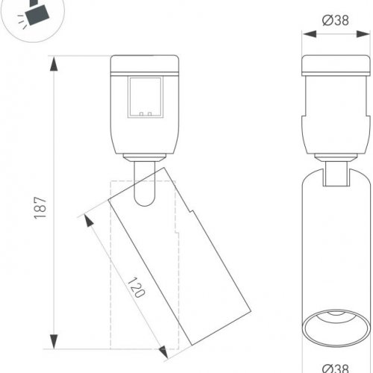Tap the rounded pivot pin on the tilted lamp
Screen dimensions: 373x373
coord(144,194)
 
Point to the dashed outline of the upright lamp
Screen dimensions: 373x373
coord(112,298)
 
